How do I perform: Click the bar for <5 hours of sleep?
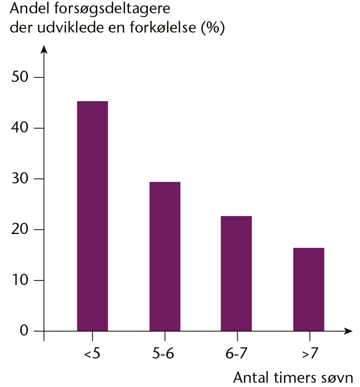[92, 216]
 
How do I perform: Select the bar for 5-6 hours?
[165, 257]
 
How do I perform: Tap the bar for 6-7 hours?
[236, 273]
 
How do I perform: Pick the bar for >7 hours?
[309, 289]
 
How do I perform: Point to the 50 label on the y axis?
[20, 77]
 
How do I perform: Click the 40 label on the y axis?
[20, 127]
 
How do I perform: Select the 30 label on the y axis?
[20, 178]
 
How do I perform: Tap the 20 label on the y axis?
[20, 229]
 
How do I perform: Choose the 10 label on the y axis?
[20, 280]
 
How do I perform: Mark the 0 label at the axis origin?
[24, 331]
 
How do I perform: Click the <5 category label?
[92, 354]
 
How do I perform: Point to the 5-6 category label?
[163, 354]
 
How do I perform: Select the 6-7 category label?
[236, 354]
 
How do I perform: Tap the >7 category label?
[310, 354]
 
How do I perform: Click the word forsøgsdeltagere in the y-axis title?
[112, 9]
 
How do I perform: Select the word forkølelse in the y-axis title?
[163, 27]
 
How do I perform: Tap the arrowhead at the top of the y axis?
[44, 49]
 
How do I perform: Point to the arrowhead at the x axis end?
[348, 331]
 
